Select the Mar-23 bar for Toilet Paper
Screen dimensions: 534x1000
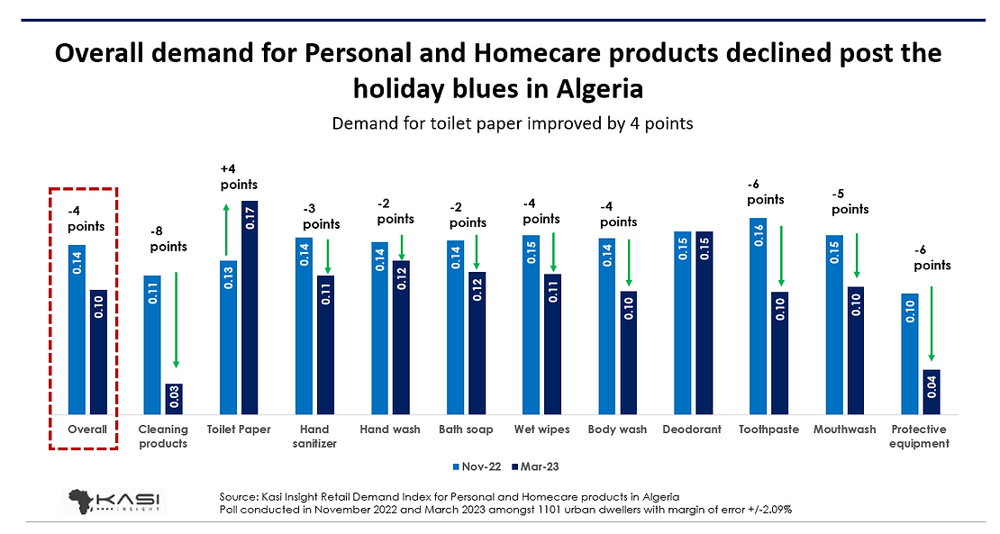(x=250, y=307)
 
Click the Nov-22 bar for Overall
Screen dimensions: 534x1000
(x=77, y=329)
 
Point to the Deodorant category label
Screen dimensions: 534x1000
(x=692, y=430)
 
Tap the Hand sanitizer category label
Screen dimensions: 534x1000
(x=314, y=436)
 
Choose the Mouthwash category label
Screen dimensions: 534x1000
(x=844, y=430)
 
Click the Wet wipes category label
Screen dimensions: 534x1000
(x=541, y=430)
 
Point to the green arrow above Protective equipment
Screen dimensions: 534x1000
(x=932, y=324)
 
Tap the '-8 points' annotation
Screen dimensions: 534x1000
(x=168, y=238)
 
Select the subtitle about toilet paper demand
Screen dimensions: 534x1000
(x=513, y=123)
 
